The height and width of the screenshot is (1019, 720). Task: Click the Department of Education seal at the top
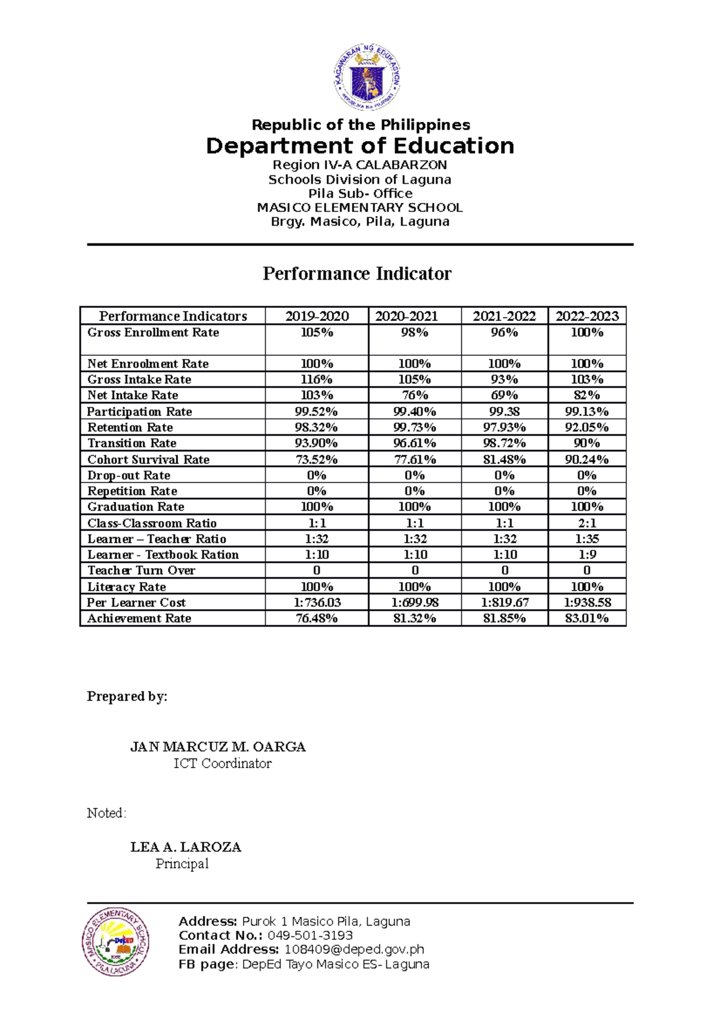point(367,77)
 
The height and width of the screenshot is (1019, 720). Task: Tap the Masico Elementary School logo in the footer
point(116,941)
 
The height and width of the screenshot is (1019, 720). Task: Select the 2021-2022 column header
point(504,316)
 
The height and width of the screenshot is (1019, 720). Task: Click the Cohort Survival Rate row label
point(148,460)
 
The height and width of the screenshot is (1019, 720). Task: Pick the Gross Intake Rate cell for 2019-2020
point(317,379)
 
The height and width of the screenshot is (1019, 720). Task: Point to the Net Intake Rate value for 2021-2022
point(504,395)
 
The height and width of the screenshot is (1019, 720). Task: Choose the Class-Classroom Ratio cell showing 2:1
point(587,523)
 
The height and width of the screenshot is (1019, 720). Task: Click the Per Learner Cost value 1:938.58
point(587,603)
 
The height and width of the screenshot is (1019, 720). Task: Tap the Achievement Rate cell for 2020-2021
point(415,618)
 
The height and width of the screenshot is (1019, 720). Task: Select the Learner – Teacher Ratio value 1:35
point(587,539)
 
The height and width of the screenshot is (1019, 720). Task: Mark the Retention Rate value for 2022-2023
point(587,427)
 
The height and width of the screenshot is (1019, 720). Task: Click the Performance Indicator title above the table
point(357,274)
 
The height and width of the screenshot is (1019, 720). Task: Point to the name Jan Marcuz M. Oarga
point(218,747)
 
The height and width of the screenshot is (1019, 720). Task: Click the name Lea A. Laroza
point(186,847)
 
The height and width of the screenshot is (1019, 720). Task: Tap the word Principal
point(182,864)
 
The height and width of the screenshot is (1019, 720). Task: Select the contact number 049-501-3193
point(310,936)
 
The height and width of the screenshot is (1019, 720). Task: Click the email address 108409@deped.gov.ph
point(354,949)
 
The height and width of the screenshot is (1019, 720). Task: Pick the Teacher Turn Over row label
point(142,571)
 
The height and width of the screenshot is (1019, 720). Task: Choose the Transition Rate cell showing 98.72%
point(504,443)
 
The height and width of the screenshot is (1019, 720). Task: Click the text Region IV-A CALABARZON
point(360,165)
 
